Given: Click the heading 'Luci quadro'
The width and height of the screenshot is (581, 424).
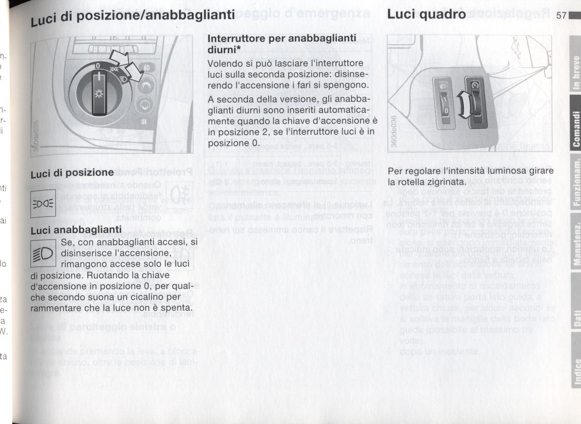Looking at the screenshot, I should [x=426, y=15].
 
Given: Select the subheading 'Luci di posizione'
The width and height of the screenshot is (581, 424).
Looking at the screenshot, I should [x=72, y=173].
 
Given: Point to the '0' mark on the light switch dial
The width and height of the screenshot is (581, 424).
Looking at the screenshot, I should [x=98, y=66].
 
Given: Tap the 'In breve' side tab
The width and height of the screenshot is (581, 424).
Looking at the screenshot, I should [x=577, y=74].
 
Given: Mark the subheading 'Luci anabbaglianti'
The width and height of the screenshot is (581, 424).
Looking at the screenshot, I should [x=76, y=230].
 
